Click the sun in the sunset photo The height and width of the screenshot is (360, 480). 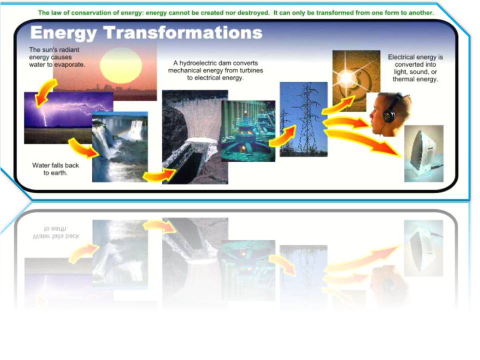click(121, 65)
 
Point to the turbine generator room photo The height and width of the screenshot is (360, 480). click(248, 130)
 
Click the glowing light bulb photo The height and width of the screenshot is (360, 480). click(356, 74)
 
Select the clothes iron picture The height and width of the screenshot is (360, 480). click(423, 153)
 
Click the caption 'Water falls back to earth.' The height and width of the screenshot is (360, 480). click(55, 169)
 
